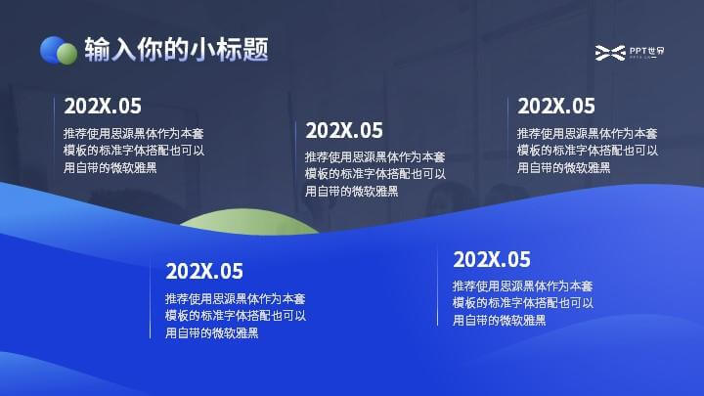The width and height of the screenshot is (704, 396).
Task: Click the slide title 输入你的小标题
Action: click(176, 50)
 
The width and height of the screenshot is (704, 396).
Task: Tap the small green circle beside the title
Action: click(66, 54)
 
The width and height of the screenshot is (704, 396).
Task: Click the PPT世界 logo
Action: click(630, 53)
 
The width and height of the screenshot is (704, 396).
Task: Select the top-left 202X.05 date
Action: click(103, 106)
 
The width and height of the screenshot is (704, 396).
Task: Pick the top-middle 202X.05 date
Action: click(344, 131)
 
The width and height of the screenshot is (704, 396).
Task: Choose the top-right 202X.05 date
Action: click(555, 106)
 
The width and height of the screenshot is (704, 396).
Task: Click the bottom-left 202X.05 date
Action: click(204, 271)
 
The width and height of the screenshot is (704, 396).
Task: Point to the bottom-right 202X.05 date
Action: click(492, 259)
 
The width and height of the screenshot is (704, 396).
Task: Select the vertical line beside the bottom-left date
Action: click(150, 300)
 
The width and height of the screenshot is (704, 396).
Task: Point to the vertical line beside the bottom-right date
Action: click(437, 287)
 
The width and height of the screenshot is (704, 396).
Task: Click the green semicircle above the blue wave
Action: click(249, 222)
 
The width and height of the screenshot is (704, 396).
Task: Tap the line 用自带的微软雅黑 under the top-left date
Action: click(110, 168)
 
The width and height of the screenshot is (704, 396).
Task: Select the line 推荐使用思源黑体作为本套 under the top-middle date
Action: click(375, 156)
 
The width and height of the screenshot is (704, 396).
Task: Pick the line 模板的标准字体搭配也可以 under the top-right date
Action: click(588, 151)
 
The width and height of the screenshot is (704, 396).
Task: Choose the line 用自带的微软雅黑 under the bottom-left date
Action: click(212, 333)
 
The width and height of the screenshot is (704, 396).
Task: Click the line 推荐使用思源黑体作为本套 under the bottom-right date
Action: click(522, 286)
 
